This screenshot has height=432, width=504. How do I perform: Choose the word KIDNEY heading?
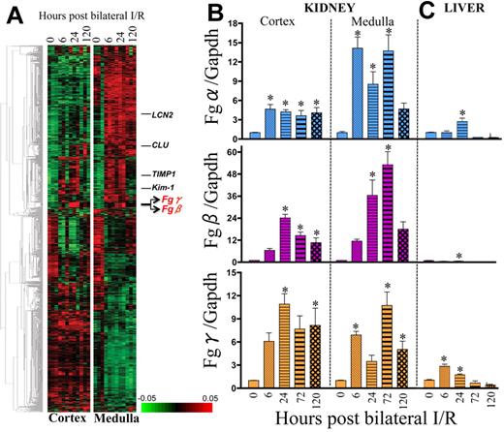[x=330, y=7]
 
